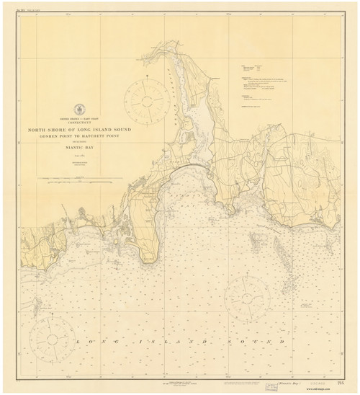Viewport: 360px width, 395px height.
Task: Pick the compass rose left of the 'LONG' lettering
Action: click(x=50, y=337)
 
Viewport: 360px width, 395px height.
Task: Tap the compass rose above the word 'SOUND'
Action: click(x=247, y=296)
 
